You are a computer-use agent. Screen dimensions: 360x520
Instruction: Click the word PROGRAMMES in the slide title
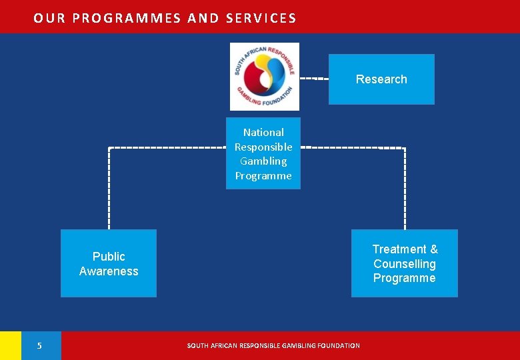[x=127, y=18]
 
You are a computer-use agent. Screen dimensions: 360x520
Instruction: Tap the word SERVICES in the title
[x=261, y=18]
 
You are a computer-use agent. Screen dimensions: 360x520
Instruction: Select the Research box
[x=381, y=79]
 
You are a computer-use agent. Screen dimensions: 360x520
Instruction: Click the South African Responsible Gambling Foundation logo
[x=265, y=76]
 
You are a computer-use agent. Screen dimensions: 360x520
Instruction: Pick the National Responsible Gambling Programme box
[x=263, y=154]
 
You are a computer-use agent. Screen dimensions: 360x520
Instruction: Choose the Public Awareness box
[x=109, y=263]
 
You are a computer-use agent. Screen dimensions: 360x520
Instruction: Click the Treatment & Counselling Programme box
[x=405, y=263]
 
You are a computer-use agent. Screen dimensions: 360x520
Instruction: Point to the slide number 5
[x=39, y=345]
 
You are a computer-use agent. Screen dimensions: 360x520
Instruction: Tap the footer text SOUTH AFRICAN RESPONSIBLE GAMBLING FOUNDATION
[x=273, y=345]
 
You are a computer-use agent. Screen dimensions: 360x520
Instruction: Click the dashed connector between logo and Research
[x=313, y=79]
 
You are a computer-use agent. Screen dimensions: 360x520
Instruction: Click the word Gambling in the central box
[x=263, y=161]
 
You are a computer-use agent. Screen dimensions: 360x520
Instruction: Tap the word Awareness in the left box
[x=109, y=271]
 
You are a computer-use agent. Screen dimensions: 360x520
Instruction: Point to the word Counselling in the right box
[x=405, y=264]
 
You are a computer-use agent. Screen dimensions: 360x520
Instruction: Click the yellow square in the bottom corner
[x=10, y=345]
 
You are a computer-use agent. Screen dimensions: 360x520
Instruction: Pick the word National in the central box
[x=263, y=133]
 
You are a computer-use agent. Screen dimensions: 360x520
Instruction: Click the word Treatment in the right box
[x=399, y=249]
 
